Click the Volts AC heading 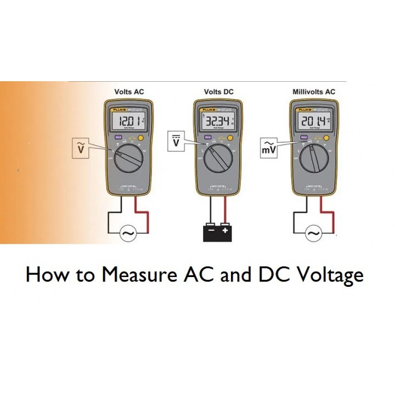[x=129, y=92]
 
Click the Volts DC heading [x=218, y=92]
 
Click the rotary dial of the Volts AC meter [x=129, y=159]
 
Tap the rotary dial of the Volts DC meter [x=218, y=159]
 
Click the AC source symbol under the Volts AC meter [x=129, y=234]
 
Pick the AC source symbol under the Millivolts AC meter [x=314, y=234]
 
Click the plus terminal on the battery [x=225, y=232]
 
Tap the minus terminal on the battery [x=211, y=232]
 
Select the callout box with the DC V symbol [x=176, y=142]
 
